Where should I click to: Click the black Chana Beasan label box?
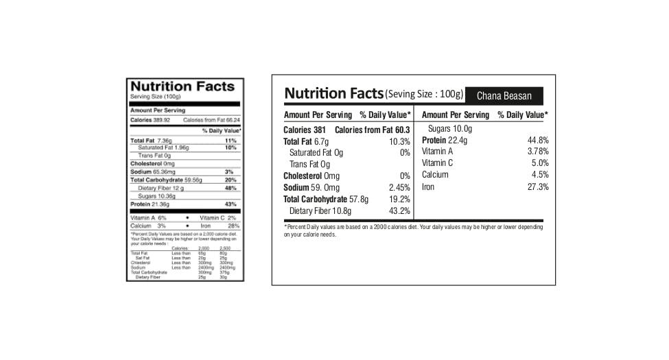point(504,96)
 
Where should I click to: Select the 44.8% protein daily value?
point(537,140)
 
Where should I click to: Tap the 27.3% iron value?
point(537,187)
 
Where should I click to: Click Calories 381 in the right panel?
point(305,130)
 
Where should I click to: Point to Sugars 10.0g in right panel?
point(450,129)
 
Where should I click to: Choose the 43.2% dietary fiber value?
point(399,211)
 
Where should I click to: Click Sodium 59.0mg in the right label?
point(312,187)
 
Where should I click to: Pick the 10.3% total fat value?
point(399,141)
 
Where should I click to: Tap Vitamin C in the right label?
point(437,163)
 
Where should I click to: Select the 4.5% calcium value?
point(540,175)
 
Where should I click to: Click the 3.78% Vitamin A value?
point(538,152)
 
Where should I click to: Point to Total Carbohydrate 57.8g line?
point(326,199)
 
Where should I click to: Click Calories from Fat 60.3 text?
point(372,130)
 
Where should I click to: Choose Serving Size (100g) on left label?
point(150,97)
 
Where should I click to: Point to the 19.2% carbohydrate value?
point(399,199)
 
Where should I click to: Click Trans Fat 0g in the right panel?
point(309,164)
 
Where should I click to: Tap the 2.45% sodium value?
point(399,187)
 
